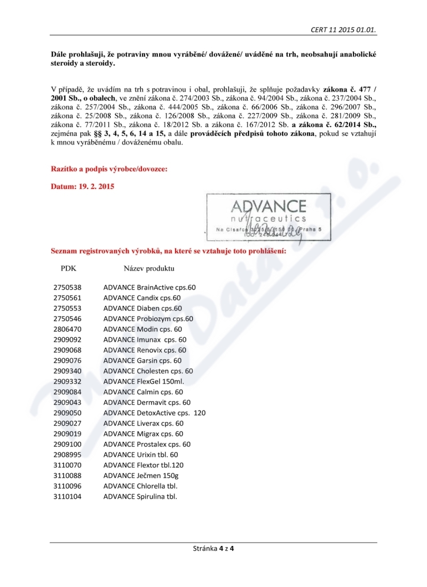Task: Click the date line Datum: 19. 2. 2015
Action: coord(82,187)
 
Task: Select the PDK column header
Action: coord(69,268)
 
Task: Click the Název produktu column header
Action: coord(149,268)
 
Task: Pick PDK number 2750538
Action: coord(67,287)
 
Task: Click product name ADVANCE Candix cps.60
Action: coord(142,298)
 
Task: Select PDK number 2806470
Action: coord(67,329)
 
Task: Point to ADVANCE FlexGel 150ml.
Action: coord(143,381)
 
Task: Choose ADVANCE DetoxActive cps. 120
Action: coord(154,413)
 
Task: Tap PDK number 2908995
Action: coord(67,455)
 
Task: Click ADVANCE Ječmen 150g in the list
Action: coord(141,475)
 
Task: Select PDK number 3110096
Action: coord(67,486)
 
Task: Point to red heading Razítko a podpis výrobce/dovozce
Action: coord(109,169)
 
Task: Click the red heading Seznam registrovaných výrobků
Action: coord(169,250)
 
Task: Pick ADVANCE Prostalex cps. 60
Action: coord(147,444)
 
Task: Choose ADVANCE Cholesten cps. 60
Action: coord(148,371)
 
